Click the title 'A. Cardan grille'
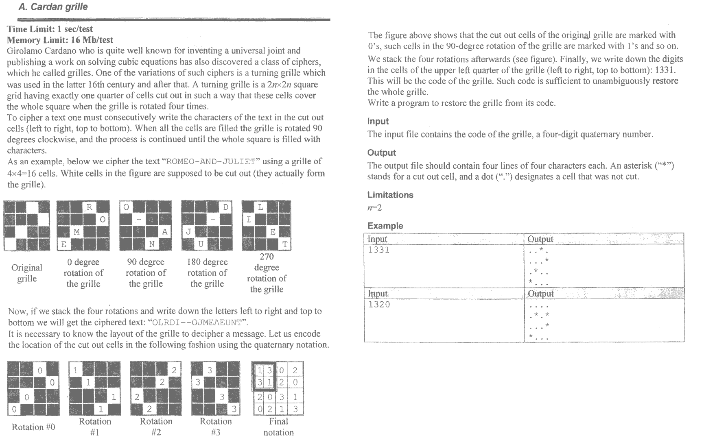click(x=53, y=7)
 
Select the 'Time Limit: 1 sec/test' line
click(x=50, y=29)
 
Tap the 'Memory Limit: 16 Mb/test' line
click(x=60, y=40)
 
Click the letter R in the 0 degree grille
click(x=90, y=207)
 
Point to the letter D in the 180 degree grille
click(x=226, y=207)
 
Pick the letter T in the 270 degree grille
click(x=285, y=244)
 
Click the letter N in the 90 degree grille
click(x=152, y=244)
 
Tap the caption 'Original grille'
click(x=27, y=273)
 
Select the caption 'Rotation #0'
click(x=33, y=427)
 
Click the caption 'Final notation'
click(x=278, y=427)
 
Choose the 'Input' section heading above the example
click(x=378, y=121)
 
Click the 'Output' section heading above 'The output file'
click(x=381, y=152)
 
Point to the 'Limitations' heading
click(x=390, y=195)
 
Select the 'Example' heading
click(x=385, y=226)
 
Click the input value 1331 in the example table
click(x=378, y=250)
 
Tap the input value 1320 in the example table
click(x=378, y=305)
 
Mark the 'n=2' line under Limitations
click(x=374, y=208)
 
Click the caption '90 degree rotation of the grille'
click(x=146, y=273)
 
